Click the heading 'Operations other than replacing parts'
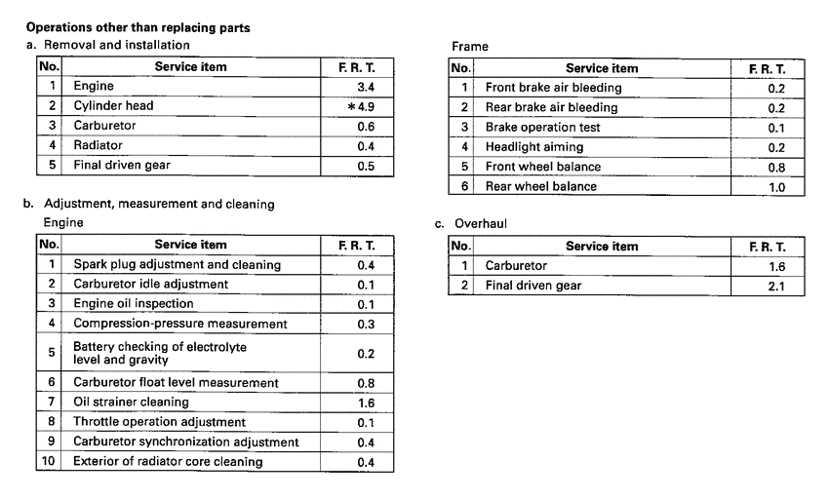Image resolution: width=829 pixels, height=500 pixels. pyautogui.click(x=138, y=28)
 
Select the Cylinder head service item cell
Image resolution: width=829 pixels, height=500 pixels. pyautogui.click(x=113, y=105)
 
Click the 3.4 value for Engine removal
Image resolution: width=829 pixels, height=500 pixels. pyautogui.click(x=366, y=87)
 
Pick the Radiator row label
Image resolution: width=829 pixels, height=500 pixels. pyautogui.click(x=99, y=145)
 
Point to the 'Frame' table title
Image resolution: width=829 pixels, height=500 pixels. pyautogui.click(x=470, y=46)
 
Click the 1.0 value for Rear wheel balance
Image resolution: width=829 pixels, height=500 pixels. pyautogui.click(x=776, y=187)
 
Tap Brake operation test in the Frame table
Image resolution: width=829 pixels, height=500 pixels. pyautogui.click(x=542, y=128)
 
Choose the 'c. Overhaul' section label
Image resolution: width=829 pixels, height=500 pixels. pyautogui.click(x=471, y=223)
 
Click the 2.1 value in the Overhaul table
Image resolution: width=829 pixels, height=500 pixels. pyautogui.click(x=776, y=286)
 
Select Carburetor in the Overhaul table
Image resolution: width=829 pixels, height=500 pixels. pyautogui.click(x=516, y=265)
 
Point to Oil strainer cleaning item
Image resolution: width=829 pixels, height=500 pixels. pyautogui.click(x=132, y=402)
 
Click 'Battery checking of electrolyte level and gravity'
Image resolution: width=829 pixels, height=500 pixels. pyautogui.click(x=160, y=353)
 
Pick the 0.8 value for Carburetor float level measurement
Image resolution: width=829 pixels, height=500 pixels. pyautogui.click(x=366, y=383)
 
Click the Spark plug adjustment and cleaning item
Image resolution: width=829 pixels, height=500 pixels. pyautogui.click(x=177, y=264)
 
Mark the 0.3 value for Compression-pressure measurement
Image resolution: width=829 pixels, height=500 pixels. pyautogui.click(x=366, y=324)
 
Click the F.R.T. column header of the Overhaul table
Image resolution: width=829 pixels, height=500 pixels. pyautogui.click(x=767, y=246)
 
